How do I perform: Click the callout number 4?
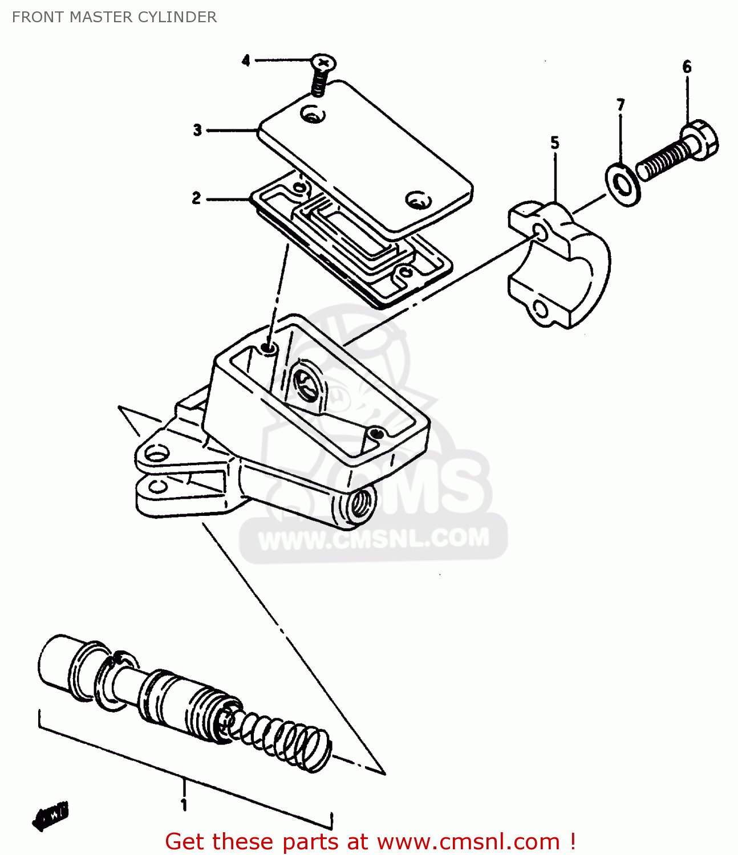tap(246, 60)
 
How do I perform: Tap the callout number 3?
tap(197, 130)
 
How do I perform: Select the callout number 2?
tap(196, 198)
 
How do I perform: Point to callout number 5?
tap(555, 142)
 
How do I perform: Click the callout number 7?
tap(621, 105)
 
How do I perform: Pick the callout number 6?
tap(687, 67)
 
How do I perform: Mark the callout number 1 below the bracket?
tap(184, 805)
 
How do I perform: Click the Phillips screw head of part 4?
tap(323, 62)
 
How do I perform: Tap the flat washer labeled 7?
tap(622, 184)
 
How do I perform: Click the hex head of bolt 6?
tap(701, 139)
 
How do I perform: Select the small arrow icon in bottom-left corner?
tap(50, 816)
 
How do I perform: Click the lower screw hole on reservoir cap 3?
tap(417, 199)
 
